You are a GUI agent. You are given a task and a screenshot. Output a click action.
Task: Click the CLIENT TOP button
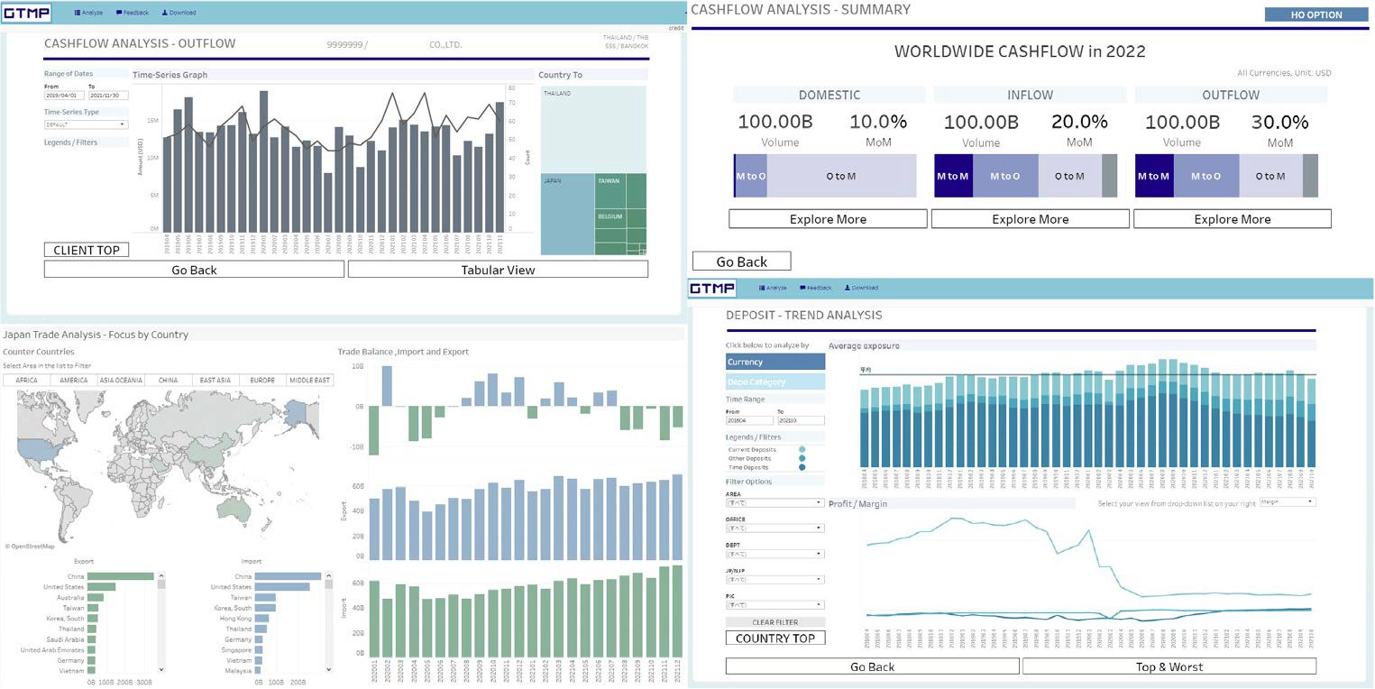(x=87, y=250)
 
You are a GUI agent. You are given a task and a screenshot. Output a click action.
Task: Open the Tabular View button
(x=498, y=270)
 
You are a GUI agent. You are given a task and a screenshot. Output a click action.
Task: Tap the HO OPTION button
(x=1316, y=14)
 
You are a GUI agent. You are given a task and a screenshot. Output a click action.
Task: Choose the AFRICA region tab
(x=27, y=381)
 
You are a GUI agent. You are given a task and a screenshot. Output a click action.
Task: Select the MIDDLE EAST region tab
(x=310, y=381)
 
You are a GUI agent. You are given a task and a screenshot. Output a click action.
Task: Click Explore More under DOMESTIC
(x=828, y=219)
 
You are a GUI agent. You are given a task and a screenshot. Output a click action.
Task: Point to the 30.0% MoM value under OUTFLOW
(x=1279, y=122)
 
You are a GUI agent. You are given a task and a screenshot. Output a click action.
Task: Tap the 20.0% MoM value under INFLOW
(x=1078, y=122)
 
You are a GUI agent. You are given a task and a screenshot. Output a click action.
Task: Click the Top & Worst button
(x=1169, y=666)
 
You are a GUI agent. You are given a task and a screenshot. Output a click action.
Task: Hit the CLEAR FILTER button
(x=775, y=622)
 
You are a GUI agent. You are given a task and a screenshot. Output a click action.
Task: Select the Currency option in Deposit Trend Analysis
(x=775, y=362)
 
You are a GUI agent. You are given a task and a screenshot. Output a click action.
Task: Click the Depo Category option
(x=775, y=381)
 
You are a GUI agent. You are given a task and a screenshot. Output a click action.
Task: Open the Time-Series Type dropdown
(x=86, y=124)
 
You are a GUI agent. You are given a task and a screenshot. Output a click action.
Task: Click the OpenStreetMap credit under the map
(x=30, y=547)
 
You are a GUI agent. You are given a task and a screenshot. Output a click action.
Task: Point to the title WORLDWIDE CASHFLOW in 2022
(x=1019, y=51)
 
